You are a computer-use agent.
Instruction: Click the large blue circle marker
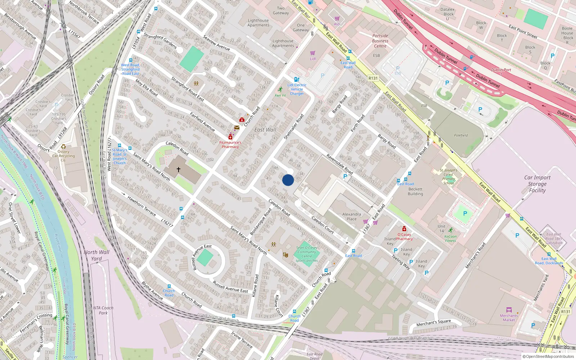(x=288, y=180)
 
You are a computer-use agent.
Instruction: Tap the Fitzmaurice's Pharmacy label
(x=230, y=144)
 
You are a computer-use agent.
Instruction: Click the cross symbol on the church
(x=178, y=169)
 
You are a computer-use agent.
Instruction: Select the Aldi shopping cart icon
(x=337, y=19)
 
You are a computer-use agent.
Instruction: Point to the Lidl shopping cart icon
(x=312, y=53)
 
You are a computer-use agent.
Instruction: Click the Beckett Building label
(x=415, y=191)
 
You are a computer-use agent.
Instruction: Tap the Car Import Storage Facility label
(x=537, y=184)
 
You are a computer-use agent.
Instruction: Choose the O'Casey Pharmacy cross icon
(x=404, y=229)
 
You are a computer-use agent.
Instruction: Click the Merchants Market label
(x=509, y=318)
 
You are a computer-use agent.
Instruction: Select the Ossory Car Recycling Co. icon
(x=63, y=147)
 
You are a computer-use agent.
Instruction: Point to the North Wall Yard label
(x=96, y=255)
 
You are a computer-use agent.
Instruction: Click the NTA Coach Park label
(x=103, y=310)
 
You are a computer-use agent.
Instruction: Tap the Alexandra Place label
(x=351, y=216)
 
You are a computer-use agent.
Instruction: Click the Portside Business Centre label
(x=380, y=41)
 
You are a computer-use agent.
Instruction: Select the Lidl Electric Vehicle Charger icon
(x=297, y=80)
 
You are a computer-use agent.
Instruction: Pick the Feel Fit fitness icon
(x=280, y=89)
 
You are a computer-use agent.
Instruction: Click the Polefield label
(x=461, y=135)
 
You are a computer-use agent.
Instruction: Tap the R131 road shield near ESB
(x=373, y=78)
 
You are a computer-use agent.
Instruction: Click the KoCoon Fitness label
(x=450, y=238)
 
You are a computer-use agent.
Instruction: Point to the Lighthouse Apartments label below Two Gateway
(x=258, y=23)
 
